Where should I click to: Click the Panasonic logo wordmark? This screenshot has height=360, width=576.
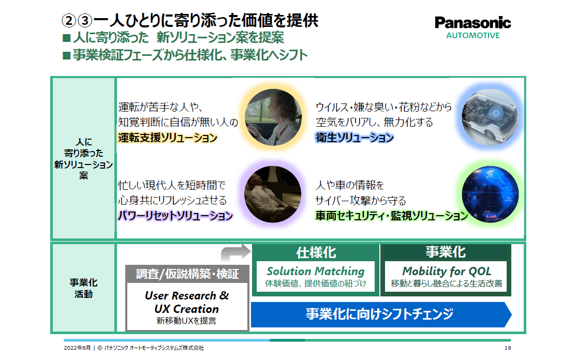click(472, 23)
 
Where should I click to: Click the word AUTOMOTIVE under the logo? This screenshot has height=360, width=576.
click(472, 36)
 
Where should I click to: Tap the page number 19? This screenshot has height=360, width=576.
click(507, 348)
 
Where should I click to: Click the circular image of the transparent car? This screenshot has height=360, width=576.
click(488, 118)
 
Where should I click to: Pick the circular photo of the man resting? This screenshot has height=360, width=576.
click(272, 194)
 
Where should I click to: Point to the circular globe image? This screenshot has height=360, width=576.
click(488, 194)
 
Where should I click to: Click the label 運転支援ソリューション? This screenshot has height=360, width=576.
click(167, 138)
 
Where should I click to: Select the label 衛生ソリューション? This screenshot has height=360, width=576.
click(355, 138)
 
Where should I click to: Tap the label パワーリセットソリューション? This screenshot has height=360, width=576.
click(175, 216)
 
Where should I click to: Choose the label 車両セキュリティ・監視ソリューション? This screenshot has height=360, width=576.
click(391, 216)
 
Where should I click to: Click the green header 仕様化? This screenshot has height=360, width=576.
click(316, 252)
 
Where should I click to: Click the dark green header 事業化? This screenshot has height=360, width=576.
click(446, 252)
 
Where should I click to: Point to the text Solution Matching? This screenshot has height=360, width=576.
click(316, 271)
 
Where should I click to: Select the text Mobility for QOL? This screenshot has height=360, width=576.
click(446, 271)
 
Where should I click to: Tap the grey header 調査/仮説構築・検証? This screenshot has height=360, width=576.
click(187, 274)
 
